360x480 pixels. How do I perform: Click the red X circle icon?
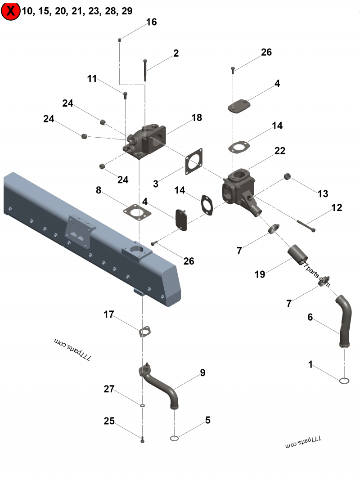point(10,11)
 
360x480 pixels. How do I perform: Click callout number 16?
point(152,22)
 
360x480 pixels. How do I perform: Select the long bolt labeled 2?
point(145,70)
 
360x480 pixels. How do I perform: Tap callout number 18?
point(197,118)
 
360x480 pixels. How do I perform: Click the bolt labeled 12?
point(306,226)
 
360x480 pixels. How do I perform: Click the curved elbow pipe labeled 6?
point(345,319)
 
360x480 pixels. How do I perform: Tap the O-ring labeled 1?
point(344,381)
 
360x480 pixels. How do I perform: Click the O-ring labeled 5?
point(175,439)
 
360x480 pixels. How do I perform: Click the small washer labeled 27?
point(142,405)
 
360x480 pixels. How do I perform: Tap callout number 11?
point(92,79)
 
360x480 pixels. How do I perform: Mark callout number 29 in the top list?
point(127,11)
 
